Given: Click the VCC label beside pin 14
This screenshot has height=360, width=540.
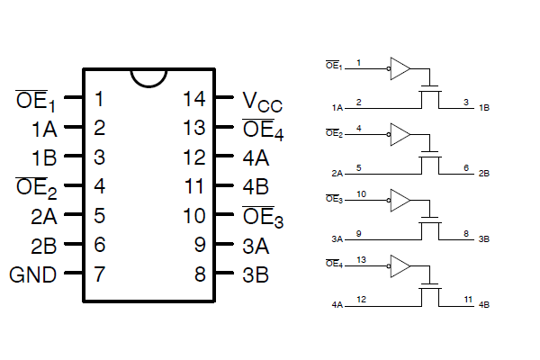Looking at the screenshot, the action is coord(263,102).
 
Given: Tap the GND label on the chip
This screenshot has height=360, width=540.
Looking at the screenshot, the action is coord(32,274).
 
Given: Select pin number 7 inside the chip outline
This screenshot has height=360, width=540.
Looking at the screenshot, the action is coord(99,274).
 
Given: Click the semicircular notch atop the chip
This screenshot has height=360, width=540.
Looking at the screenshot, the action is coord(148,79).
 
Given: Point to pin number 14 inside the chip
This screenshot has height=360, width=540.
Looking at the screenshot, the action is coord(194,99).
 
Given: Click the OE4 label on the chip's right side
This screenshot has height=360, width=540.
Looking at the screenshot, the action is coord(263,130).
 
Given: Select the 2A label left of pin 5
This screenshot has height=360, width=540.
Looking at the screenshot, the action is coord(44,217).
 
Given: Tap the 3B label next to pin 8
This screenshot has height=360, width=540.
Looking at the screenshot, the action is coord(256,274).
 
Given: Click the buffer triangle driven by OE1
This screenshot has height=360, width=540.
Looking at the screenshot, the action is coord(400,68).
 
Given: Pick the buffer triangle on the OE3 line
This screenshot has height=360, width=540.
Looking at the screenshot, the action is coord(400,200).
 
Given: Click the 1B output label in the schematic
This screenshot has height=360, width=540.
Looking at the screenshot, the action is coord(484,108).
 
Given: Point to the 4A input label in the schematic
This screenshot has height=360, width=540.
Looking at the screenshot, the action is coord(337,305).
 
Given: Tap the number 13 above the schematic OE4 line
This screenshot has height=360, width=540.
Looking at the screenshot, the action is coord(361,260).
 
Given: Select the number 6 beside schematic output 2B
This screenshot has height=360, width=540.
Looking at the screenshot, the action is coord(466,167).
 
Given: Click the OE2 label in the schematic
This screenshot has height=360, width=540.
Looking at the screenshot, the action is coord(335,133).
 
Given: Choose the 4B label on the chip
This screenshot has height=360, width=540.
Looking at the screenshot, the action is coord(256,187).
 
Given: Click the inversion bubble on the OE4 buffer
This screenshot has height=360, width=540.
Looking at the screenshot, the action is coord(389,266).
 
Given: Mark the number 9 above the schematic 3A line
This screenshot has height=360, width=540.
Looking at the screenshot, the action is coord(358,234).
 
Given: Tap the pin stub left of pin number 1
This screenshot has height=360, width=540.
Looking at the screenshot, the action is coord(74,97).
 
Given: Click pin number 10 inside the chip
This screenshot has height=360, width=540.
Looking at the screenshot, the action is coord(194,216).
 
